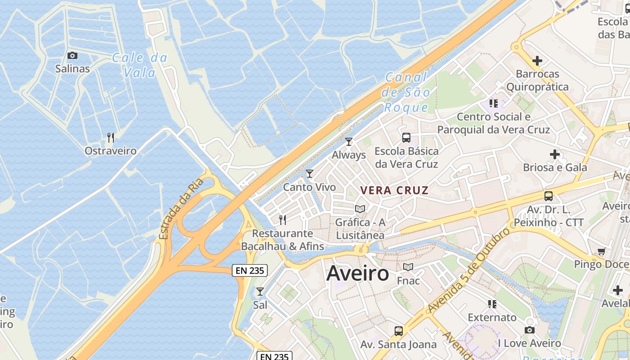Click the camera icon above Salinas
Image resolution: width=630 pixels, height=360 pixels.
tap(72, 56)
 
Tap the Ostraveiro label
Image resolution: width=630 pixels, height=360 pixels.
tap(110, 151)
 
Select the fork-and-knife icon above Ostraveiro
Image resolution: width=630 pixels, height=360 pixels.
tap(111, 137)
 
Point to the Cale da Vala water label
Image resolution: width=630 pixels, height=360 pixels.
tap(139, 65)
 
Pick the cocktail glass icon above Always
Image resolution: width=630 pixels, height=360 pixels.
tap(349, 142)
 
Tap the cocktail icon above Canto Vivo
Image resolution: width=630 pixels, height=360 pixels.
tap(309, 173)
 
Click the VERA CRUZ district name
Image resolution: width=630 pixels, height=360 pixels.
tap(394, 190)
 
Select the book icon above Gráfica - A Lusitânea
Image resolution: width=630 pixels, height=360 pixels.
tap(360, 209)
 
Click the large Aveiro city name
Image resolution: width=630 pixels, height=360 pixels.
tap(358, 273)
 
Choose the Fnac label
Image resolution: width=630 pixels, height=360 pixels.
tap(408, 281)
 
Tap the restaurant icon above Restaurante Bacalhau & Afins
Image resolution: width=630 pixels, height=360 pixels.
tap(283, 220)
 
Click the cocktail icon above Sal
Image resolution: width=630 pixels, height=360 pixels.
tap(260, 291)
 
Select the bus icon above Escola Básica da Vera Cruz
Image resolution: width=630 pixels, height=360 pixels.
tap(406, 137)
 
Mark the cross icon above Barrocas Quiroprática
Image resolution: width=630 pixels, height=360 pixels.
tap(537, 60)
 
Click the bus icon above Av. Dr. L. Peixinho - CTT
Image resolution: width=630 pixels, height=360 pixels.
tap(548, 196)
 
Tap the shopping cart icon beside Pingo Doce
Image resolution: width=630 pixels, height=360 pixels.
tap(601, 251)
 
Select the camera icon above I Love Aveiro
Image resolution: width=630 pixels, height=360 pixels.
tap(529, 330)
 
